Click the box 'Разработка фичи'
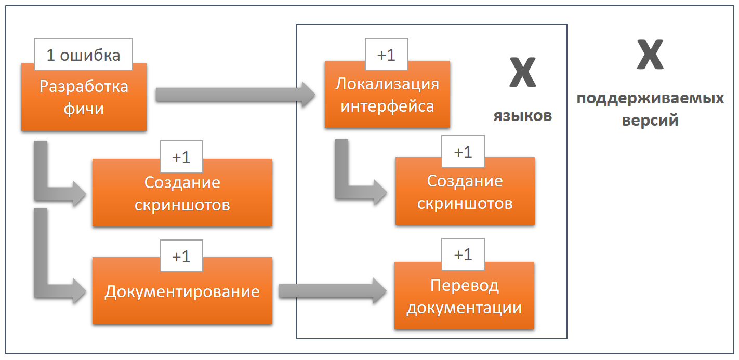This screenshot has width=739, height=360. click(83, 98)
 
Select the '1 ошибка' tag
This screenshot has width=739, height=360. click(83, 55)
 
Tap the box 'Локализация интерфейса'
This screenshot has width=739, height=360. click(387, 95)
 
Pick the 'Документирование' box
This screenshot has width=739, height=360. click(182, 291)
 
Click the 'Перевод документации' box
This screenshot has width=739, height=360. click(464, 296)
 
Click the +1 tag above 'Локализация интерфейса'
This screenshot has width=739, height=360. click(387, 55)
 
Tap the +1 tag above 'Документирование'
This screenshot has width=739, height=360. click(181, 256)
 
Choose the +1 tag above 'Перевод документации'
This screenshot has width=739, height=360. click(463, 255)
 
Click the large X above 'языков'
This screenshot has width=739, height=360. click(522, 73)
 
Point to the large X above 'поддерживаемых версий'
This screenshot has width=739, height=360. click(650, 56)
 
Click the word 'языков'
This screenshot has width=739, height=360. click(522, 115)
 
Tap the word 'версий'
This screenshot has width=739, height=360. click(650, 120)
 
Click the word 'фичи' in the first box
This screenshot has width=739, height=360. click(83, 109)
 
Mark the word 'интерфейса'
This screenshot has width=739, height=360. click(387, 106)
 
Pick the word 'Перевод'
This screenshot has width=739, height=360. click(464, 285)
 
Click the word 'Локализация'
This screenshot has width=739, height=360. click(387, 84)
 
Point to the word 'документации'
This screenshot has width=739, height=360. click(464, 308)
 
